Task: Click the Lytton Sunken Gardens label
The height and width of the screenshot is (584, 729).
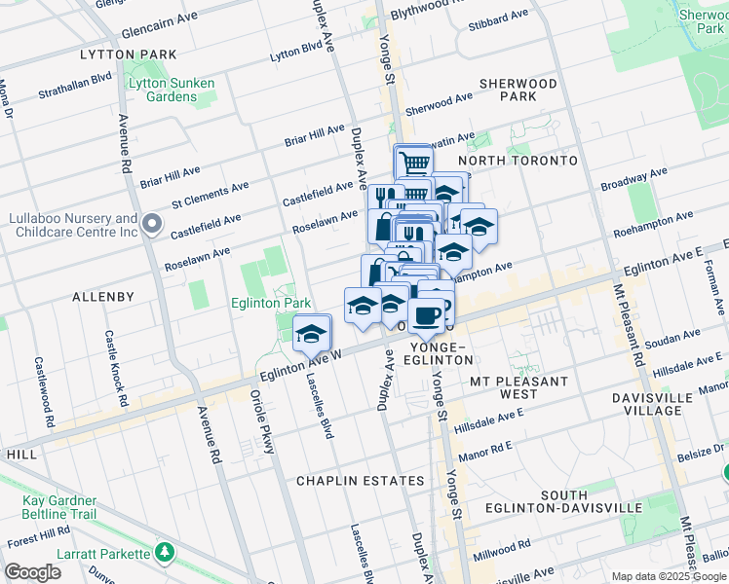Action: (172, 91)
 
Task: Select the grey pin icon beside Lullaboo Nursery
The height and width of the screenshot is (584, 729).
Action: (151, 226)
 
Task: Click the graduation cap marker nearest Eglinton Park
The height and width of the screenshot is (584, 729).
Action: (311, 334)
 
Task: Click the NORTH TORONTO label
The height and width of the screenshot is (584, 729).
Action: (518, 160)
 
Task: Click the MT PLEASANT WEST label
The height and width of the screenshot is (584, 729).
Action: (517, 386)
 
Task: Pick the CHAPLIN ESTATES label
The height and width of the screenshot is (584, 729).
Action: (361, 481)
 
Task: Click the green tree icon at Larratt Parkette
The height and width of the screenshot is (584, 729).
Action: (165, 553)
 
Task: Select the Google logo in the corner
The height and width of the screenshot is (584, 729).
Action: (32, 572)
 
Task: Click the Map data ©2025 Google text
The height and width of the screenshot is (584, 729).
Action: (668, 576)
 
